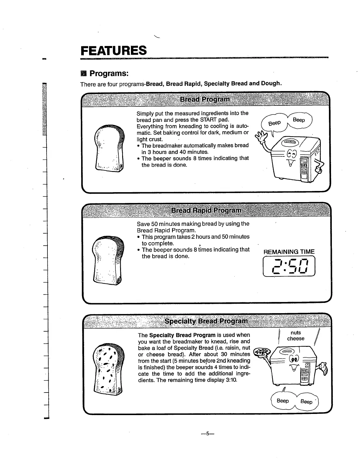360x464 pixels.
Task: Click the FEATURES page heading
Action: (114, 50)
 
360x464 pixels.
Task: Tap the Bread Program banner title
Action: (204, 99)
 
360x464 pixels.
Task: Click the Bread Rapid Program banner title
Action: (206, 210)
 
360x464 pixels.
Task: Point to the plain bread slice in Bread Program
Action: (109, 148)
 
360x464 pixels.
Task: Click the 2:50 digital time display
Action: (289, 266)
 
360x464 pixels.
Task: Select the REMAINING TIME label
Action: (289, 252)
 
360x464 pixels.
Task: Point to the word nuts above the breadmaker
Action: (296, 332)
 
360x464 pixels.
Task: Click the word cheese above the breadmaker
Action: (296, 339)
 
